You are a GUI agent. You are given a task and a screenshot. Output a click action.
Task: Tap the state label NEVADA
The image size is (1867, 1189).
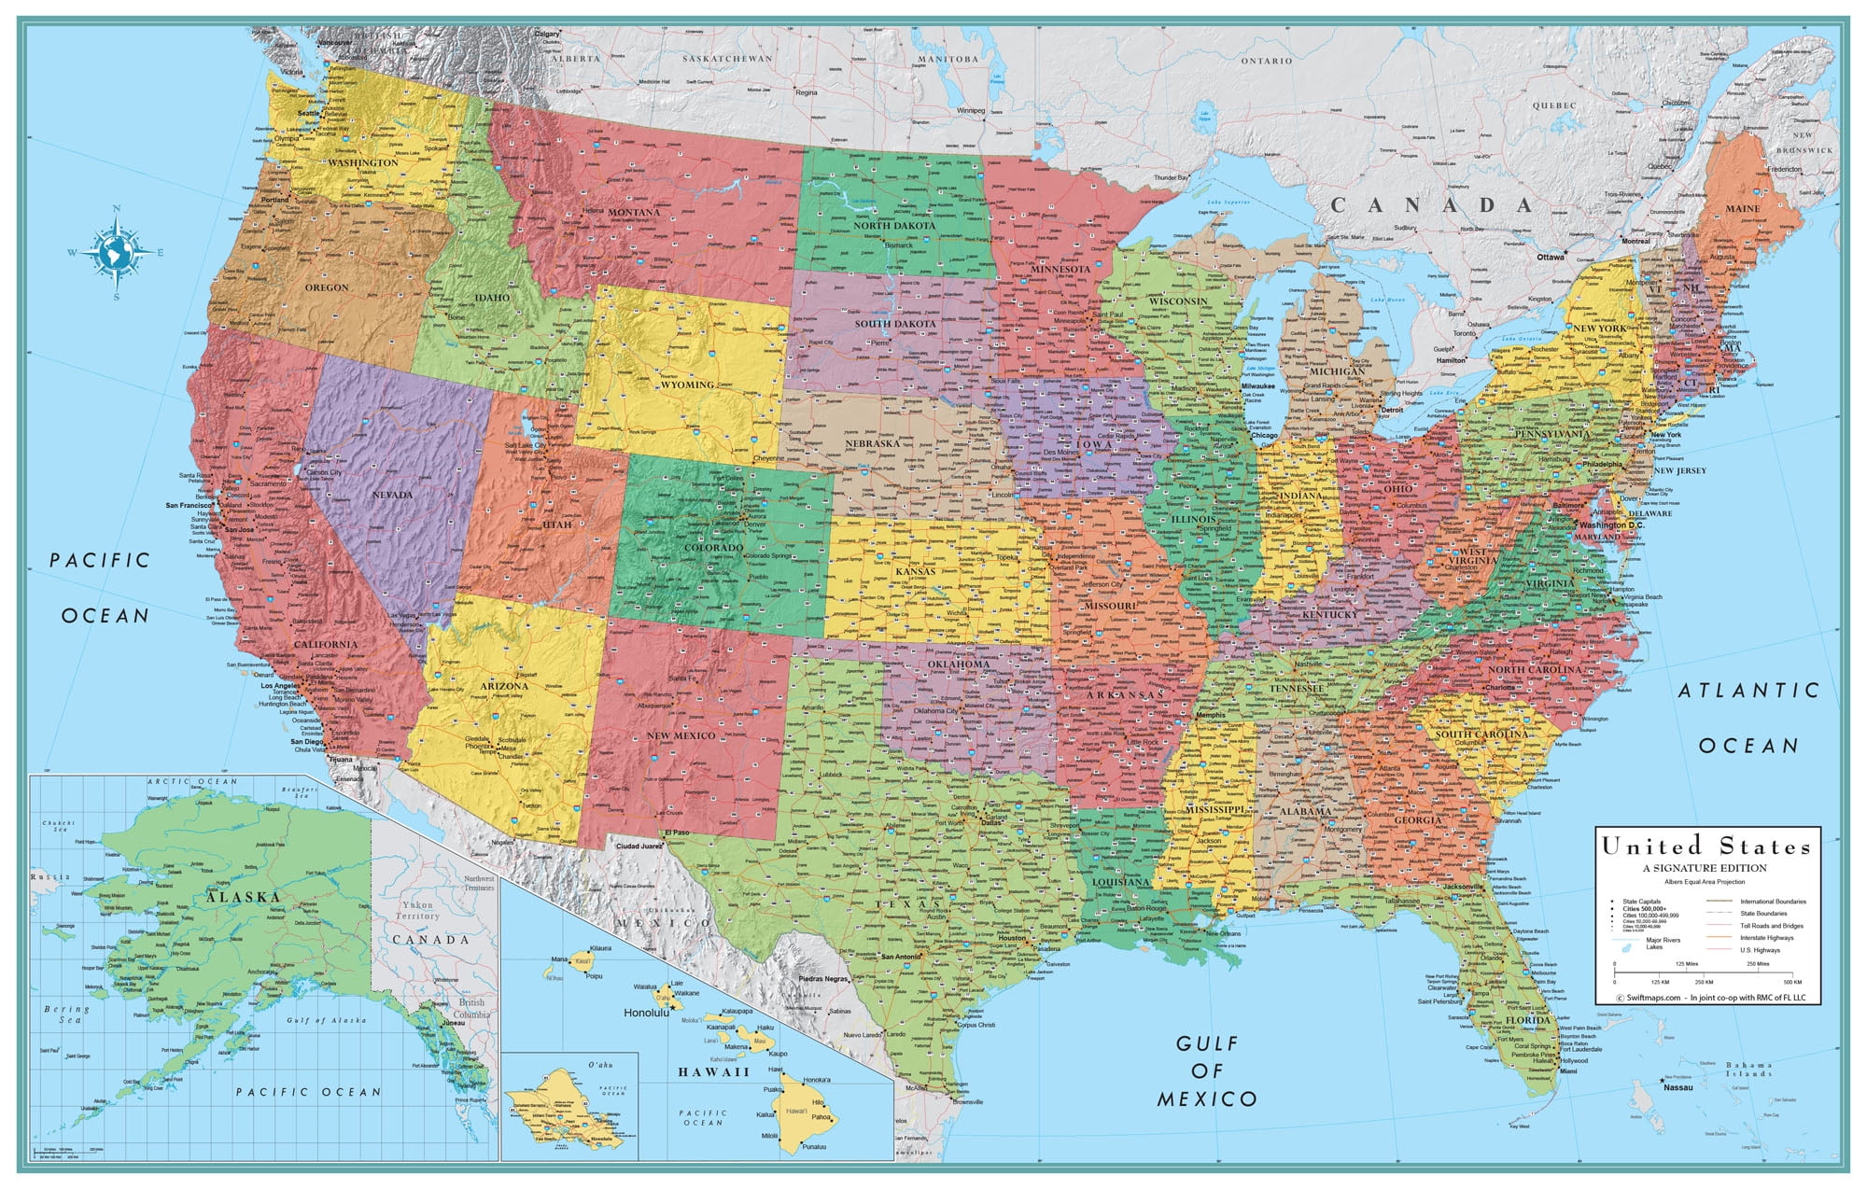pyautogui.click(x=392, y=495)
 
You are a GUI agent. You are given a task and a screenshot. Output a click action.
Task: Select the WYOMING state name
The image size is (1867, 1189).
pyautogui.click(x=687, y=385)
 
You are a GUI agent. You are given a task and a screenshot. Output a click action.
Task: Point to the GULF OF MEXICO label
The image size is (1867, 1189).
pyautogui.click(x=1207, y=1071)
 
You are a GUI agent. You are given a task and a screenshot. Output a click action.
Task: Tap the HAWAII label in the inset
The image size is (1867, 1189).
pyautogui.click(x=714, y=1072)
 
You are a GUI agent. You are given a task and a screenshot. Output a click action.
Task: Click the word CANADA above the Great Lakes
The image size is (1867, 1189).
pyautogui.click(x=1431, y=205)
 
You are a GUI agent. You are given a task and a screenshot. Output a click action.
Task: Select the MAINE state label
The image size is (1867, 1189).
pyautogui.click(x=1742, y=209)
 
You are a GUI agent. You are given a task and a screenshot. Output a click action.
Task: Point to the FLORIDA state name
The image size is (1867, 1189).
pyautogui.click(x=1528, y=1020)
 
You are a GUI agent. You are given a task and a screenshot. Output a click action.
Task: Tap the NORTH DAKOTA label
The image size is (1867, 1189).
pyautogui.click(x=893, y=226)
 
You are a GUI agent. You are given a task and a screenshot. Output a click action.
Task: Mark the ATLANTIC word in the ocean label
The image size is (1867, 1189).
pyautogui.click(x=1749, y=691)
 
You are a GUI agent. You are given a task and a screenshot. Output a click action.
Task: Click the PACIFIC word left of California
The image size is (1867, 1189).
pyautogui.click(x=100, y=560)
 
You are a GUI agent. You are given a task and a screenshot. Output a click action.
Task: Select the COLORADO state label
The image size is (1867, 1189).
pyautogui.click(x=713, y=548)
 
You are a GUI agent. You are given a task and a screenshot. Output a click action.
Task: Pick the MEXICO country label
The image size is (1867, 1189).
pyautogui.click(x=665, y=922)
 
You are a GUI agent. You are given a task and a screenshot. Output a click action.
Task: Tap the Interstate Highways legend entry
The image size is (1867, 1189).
pyautogui.click(x=1766, y=938)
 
